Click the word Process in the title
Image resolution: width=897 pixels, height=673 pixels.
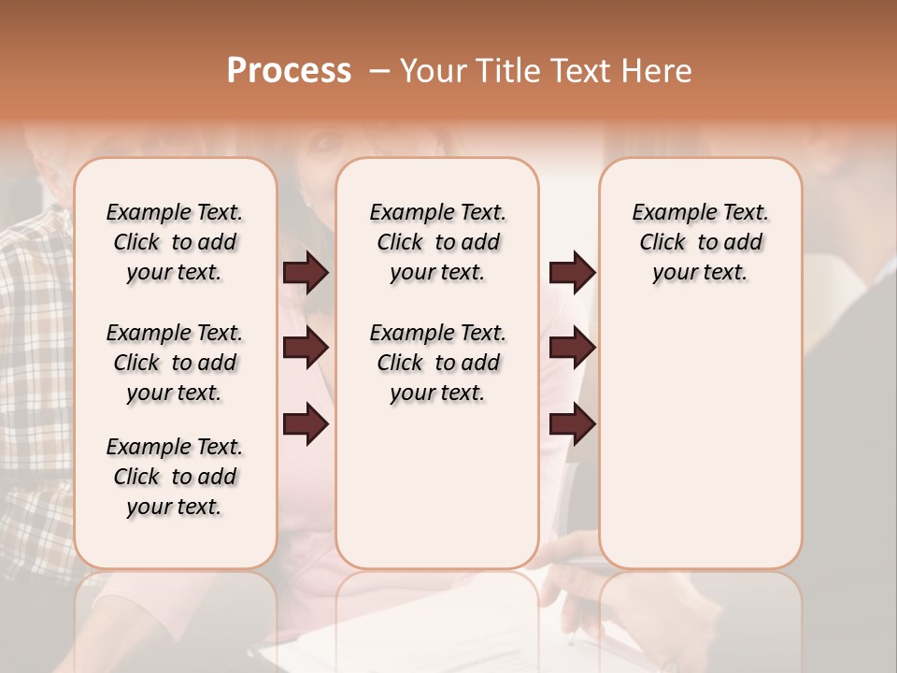(x=289, y=71)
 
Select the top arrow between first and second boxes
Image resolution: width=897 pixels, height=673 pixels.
(x=306, y=273)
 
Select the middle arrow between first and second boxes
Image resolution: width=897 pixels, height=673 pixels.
(x=306, y=348)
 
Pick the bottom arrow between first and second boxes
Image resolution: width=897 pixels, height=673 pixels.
(x=306, y=424)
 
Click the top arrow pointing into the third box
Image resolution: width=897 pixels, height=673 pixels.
(x=572, y=273)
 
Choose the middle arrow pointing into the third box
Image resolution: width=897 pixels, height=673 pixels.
(x=572, y=348)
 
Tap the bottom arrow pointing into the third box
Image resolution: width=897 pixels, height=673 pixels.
(x=572, y=424)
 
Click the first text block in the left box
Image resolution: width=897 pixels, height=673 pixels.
(x=175, y=242)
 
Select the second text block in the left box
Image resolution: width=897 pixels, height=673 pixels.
(x=175, y=363)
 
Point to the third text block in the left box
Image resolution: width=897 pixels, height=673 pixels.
(x=175, y=477)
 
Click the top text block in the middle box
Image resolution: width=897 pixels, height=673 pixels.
(x=437, y=242)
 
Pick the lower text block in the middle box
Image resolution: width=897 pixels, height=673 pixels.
(x=437, y=363)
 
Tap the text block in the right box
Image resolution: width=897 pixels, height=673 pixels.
(x=700, y=242)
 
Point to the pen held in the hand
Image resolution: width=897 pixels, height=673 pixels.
(x=572, y=617)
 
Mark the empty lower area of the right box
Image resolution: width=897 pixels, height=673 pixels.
(x=700, y=439)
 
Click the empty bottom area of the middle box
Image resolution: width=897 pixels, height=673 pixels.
(x=437, y=495)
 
